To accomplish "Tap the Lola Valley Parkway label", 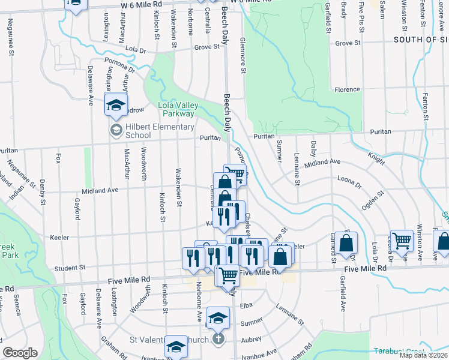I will (x=176, y=109).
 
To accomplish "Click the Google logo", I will (x=20, y=353).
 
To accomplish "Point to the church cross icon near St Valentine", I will (x=219, y=339).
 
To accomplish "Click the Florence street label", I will (x=347, y=89).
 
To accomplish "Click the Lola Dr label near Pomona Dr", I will (x=136, y=50).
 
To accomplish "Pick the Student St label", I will (x=71, y=268).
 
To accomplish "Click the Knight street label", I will (x=376, y=158).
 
